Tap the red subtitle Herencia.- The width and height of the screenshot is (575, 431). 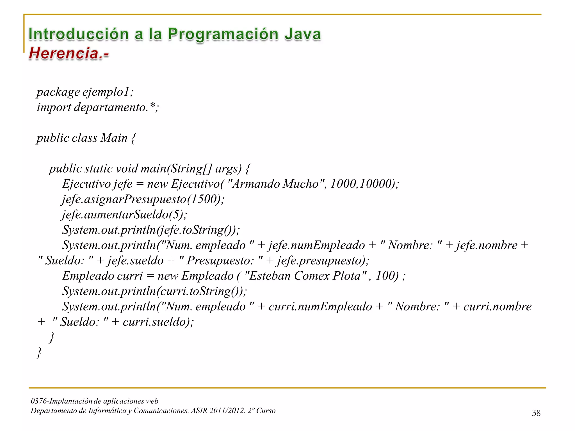(69, 53)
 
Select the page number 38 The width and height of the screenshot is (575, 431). (536, 413)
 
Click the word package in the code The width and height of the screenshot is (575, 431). (58, 92)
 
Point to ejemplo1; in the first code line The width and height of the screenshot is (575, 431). (108, 92)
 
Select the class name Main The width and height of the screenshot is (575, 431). (114, 138)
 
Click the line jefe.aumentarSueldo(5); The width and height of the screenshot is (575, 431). (124, 215)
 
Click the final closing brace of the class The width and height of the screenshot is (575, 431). (39, 353)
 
